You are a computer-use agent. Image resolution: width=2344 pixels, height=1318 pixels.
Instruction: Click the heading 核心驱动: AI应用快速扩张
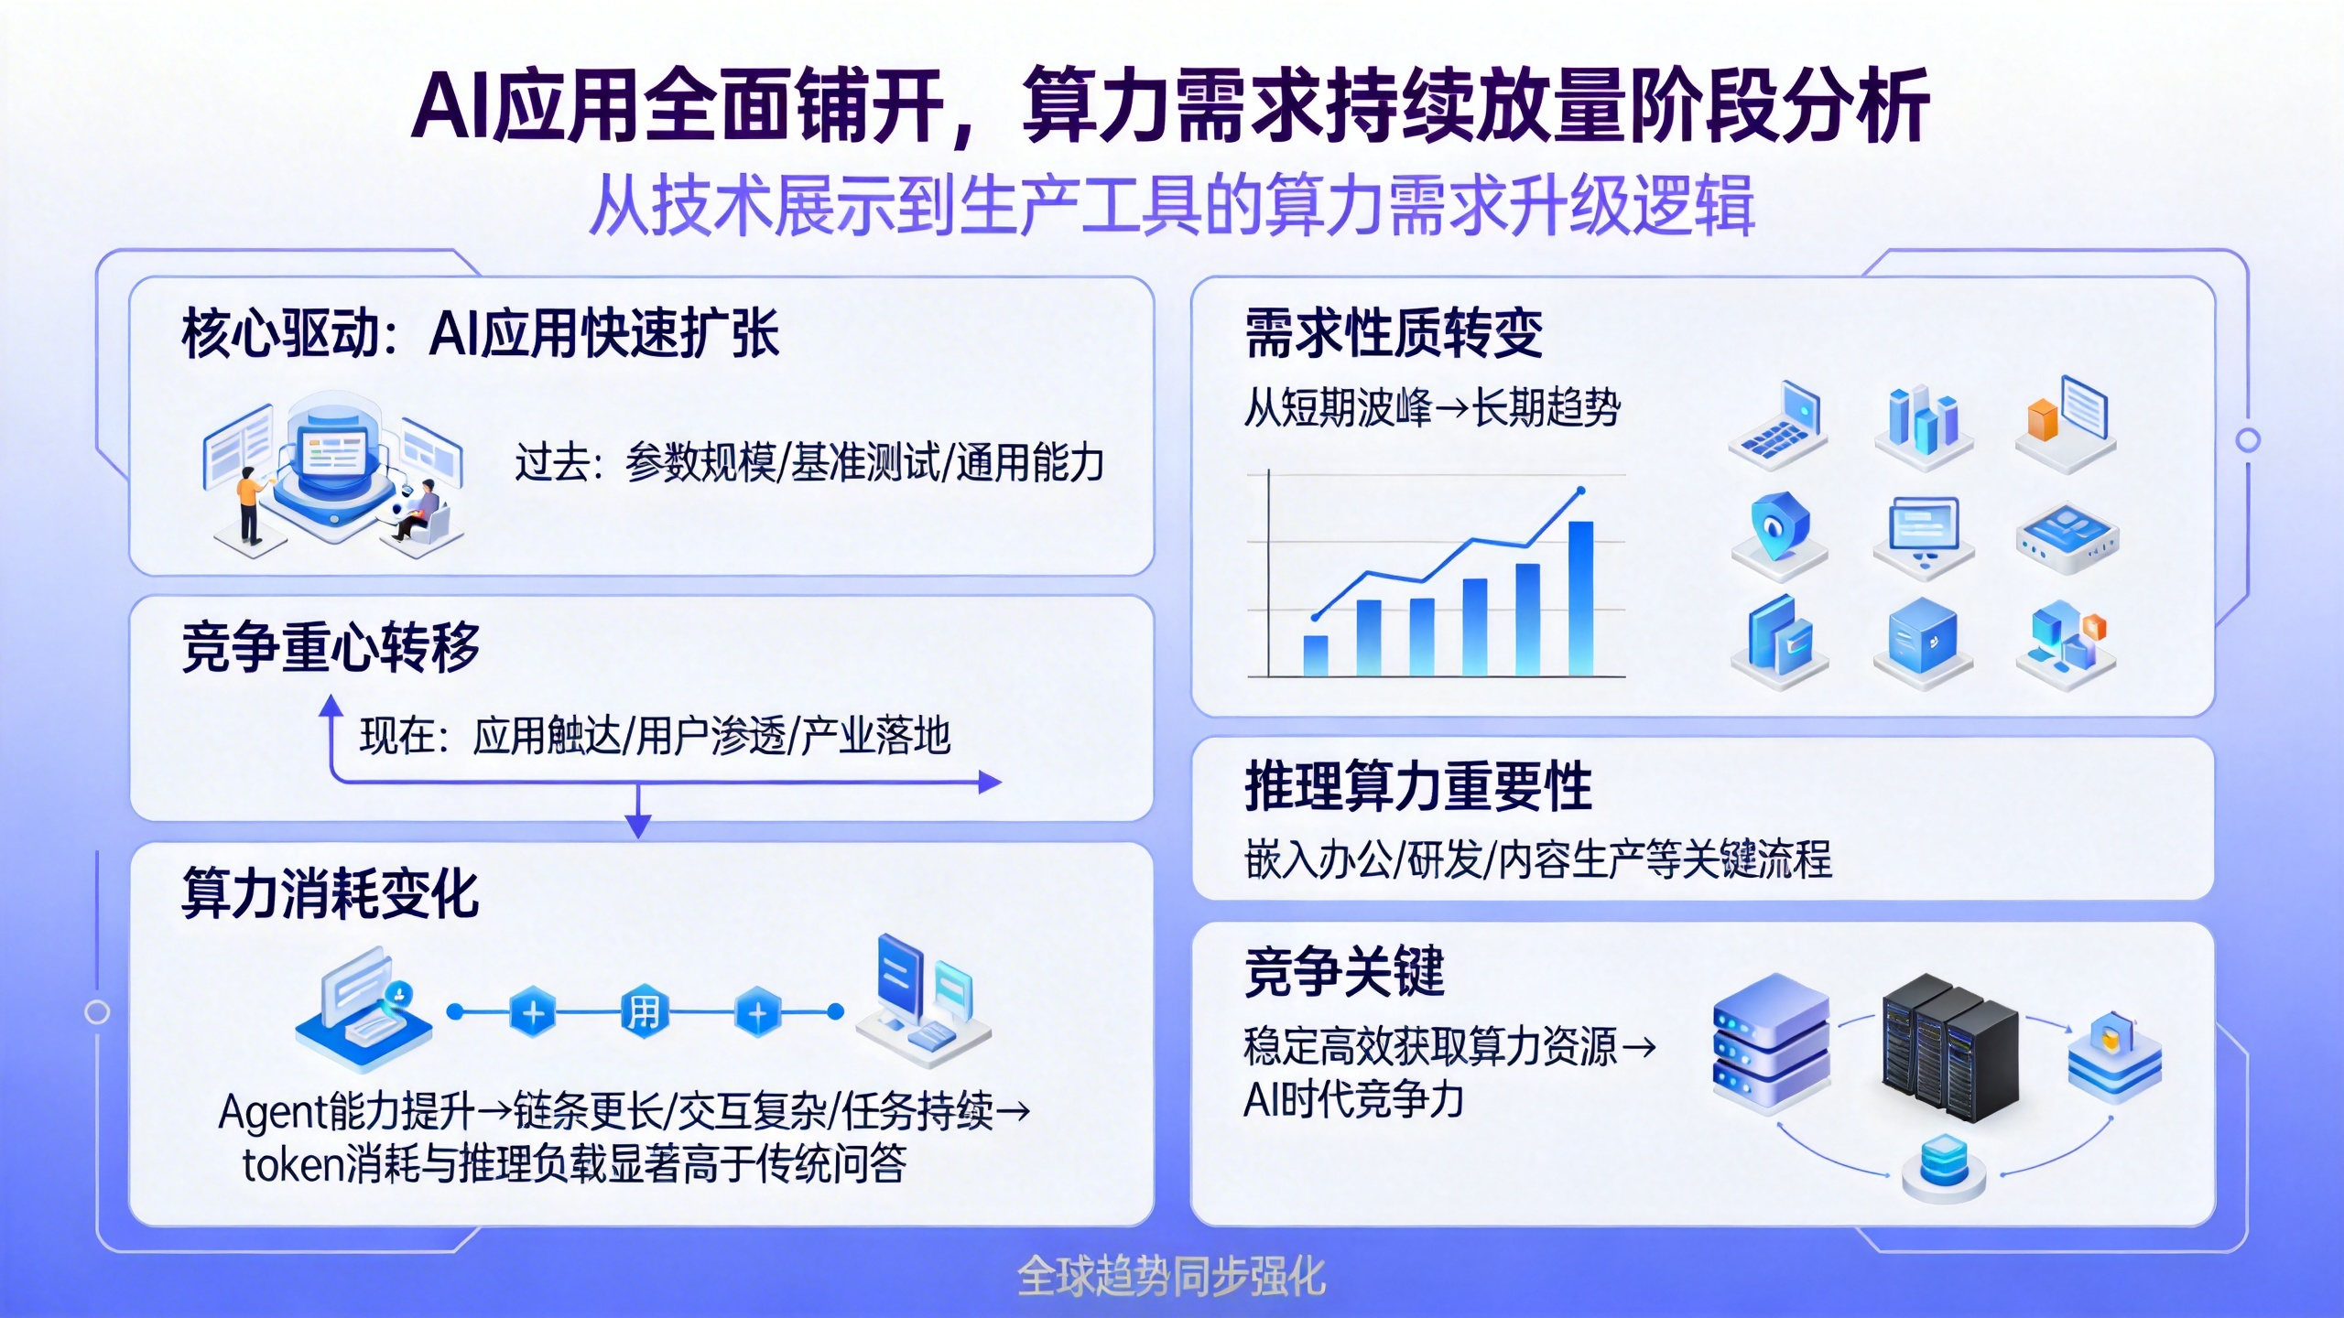coord(480,333)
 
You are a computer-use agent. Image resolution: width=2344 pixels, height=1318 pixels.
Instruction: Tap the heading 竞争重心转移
coord(331,647)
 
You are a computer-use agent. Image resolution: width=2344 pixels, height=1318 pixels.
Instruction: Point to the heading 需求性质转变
coord(1393,333)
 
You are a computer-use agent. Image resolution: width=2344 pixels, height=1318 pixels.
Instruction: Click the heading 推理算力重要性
coord(1417,786)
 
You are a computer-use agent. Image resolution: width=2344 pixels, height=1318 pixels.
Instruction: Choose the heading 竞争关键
coord(1343,972)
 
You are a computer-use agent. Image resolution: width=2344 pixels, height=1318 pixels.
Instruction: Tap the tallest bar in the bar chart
coord(1580,599)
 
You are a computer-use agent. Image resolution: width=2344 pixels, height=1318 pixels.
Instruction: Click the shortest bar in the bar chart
coord(1315,655)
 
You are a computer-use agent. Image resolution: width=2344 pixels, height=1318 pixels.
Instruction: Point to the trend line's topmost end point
coord(1581,492)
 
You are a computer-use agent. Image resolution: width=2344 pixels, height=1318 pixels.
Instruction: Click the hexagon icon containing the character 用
coord(644,1012)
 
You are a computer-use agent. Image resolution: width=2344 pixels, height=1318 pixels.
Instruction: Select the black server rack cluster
coord(1949,1048)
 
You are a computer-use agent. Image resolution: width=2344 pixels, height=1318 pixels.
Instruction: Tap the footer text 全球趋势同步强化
coord(1171,1276)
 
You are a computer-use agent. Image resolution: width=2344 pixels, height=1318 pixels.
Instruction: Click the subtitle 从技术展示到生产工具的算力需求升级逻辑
coord(1171,206)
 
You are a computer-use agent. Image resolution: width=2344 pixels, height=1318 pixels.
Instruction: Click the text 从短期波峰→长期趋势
coord(1431,408)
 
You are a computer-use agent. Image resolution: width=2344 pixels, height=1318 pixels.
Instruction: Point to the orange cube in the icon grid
coord(2042,420)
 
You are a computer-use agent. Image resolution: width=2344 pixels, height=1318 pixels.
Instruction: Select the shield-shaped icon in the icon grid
coord(1778,526)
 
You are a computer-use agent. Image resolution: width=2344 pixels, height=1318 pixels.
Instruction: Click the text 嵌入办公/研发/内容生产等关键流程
coord(1537,860)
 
